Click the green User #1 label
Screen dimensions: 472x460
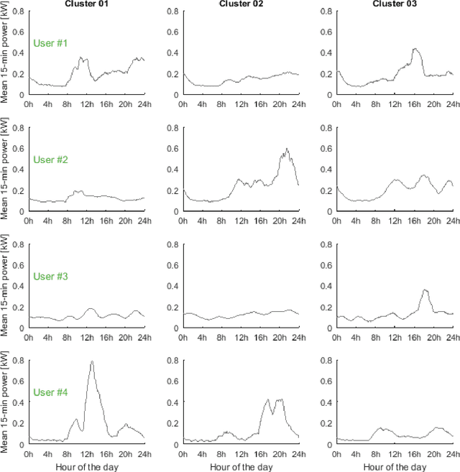click(50, 43)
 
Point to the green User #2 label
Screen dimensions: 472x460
click(50, 159)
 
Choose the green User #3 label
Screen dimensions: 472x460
click(50, 276)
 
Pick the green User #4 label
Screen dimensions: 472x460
click(50, 392)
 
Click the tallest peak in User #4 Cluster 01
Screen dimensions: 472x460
click(92, 361)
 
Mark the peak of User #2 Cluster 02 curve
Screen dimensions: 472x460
click(286, 149)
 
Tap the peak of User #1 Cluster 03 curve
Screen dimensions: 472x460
click(415, 49)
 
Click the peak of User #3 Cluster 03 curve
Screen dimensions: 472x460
click(425, 290)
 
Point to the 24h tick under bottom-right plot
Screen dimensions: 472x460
click(452, 455)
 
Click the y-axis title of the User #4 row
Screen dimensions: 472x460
click(6, 403)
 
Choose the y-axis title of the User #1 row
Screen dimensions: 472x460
click(6, 54)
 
